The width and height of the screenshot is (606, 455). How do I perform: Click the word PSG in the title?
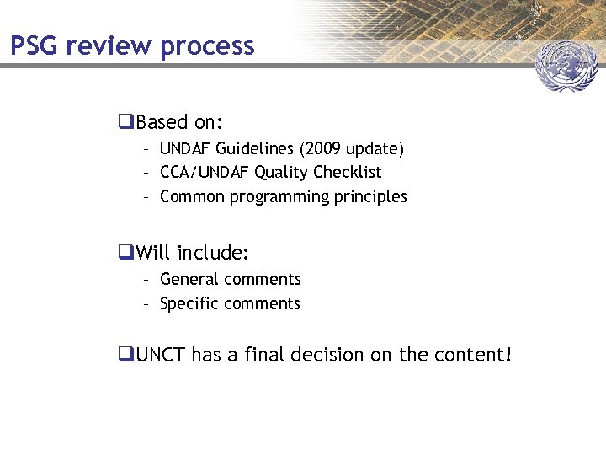click(35, 45)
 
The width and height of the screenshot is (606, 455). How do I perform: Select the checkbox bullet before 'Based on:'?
click(125, 123)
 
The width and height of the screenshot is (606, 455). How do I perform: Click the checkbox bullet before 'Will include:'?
click(125, 252)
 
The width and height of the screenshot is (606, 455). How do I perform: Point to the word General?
click(188, 279)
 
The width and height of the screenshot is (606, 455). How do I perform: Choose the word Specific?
click(188, 303)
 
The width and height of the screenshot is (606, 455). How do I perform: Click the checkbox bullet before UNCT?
click(125, 356)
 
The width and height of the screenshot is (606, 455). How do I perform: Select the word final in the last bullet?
click(264, 356)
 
